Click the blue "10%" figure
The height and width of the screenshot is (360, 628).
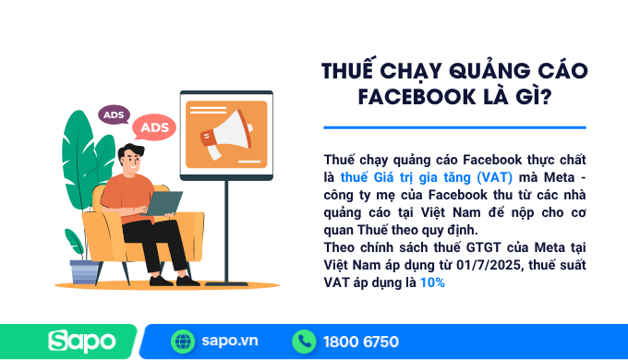[x=432, y=282]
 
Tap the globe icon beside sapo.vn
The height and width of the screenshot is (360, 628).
[x=183, y=342]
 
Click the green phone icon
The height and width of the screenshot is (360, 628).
[x=303, y=342]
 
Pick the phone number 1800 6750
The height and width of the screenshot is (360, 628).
[x=361, y=342]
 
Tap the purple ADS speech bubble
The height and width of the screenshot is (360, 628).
[x=114, y=115]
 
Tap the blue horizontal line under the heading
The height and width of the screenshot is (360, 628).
[x=454, y=127]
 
